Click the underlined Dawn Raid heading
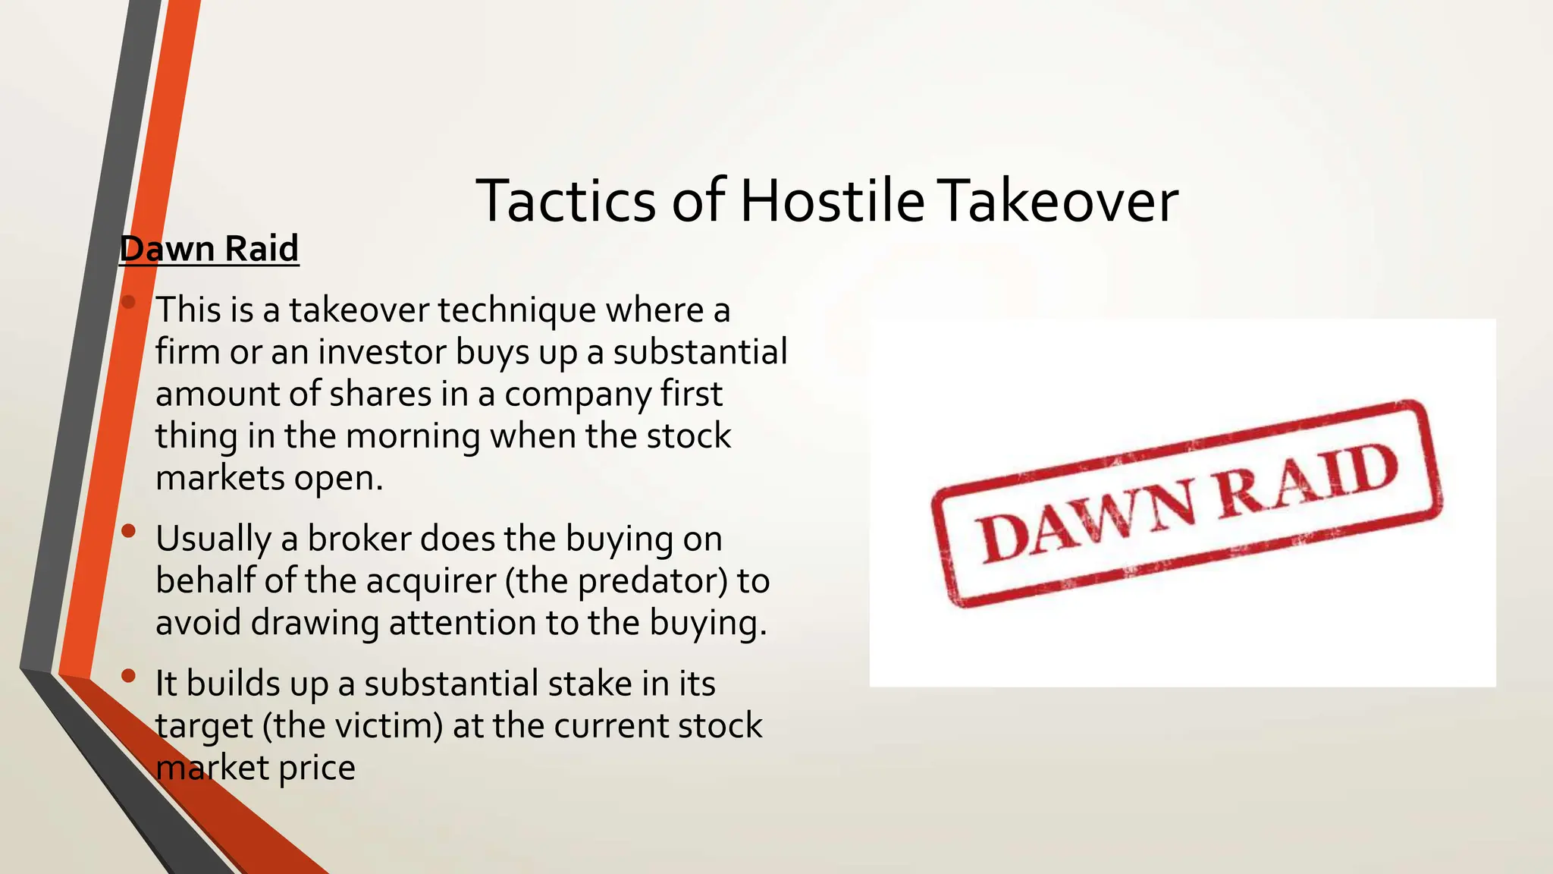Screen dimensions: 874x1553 (209, 249)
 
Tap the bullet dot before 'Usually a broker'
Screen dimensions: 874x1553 (128, 531)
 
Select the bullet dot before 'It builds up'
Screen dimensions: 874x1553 (128, 675)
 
